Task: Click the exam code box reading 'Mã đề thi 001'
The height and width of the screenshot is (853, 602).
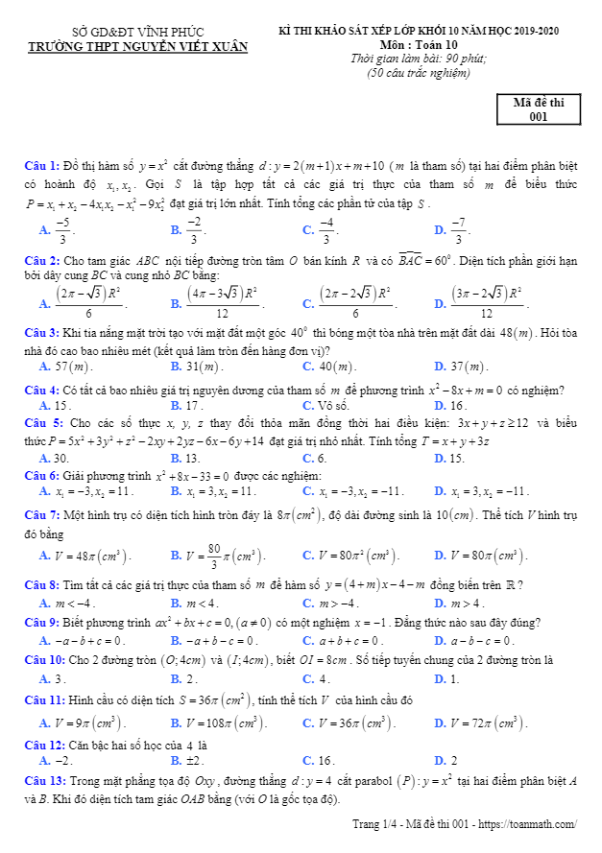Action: [538, 109]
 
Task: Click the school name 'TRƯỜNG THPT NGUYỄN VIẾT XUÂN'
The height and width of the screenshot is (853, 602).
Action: [138, 45]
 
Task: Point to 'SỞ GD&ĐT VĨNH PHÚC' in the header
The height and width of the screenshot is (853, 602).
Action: [138, 32]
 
